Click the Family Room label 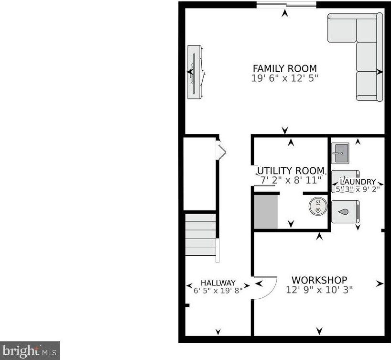[285, 68]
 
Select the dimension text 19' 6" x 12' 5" [285, 78]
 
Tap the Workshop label [319, 280]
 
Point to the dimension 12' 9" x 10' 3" [319, 290]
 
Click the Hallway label [218, 283]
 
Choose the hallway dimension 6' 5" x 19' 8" [218, 290]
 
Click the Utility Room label [291, 171]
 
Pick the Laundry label [358, 182]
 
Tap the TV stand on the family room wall [195, 72]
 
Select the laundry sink [340, 153]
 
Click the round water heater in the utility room [318, 206]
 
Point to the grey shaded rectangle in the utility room [266, 212]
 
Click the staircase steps [200, 235]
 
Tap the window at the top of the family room [286, 4]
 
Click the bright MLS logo [30, 351]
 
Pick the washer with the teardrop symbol [346, 212]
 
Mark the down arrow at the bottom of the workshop [319, 331]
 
